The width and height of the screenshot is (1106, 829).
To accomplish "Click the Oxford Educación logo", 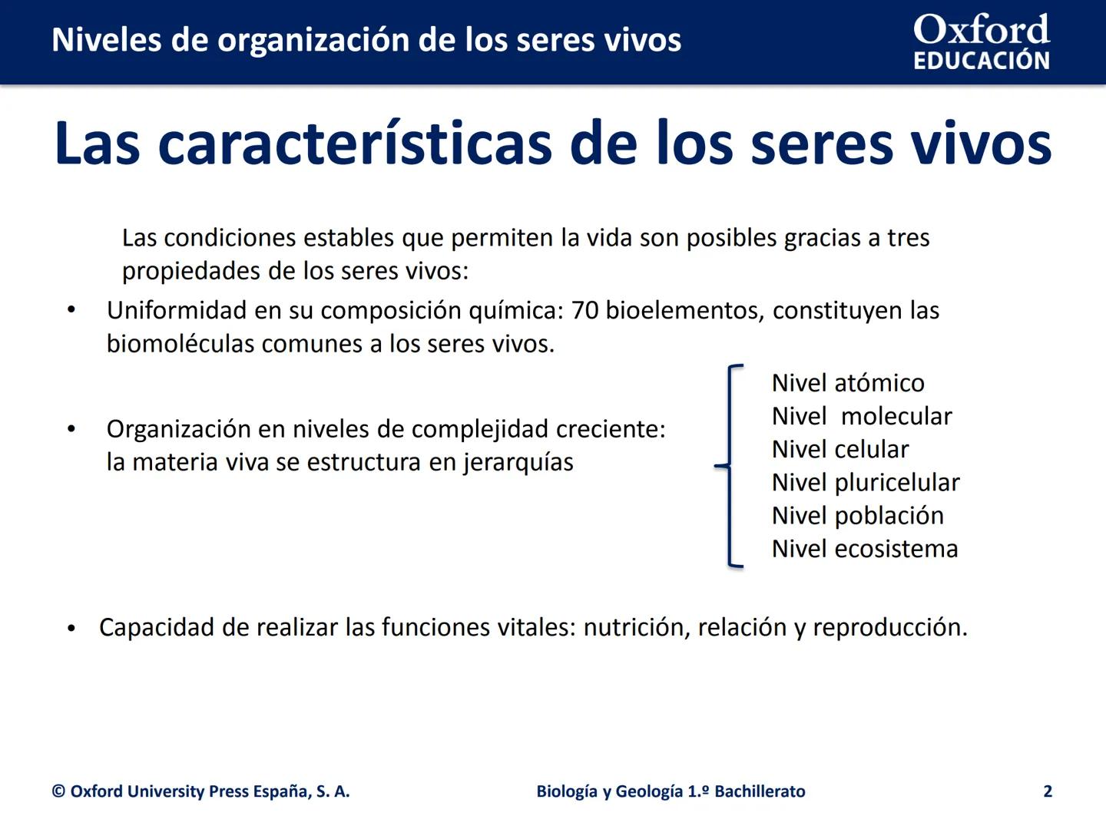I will [981, 41].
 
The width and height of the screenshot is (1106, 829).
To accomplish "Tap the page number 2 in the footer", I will [1048, 791].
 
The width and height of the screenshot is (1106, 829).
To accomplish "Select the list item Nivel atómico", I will [848, 383].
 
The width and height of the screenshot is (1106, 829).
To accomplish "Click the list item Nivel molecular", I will [862, 416].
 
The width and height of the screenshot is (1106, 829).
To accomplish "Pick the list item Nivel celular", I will [840, 449].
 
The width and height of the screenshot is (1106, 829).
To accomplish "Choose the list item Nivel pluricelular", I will [866, 483].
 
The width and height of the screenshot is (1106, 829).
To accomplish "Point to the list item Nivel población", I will [858, 516].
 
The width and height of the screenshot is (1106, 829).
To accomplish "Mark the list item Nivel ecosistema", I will [865, 549].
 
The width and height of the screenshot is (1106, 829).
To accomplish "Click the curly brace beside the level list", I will [730, 466].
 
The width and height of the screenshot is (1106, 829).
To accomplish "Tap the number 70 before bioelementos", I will [585, 311].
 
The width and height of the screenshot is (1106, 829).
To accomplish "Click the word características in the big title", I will [355, 144].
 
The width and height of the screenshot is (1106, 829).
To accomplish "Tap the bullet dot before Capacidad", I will [71, 629].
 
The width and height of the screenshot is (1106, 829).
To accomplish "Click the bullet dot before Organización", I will [71, 430].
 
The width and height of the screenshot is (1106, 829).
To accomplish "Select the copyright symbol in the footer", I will [58, 791].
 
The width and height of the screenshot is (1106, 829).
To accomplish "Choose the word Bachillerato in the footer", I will [760, 791].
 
